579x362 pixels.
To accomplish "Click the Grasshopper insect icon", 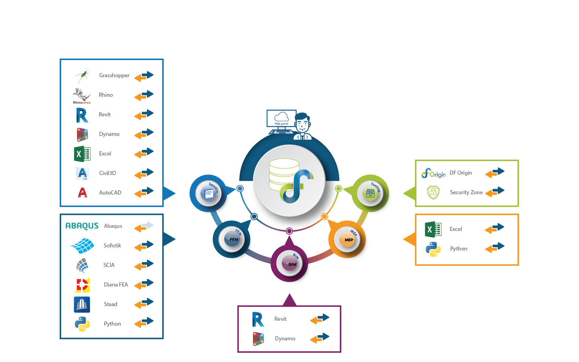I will click(82, 75).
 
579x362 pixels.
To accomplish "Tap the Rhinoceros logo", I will click(82, 95).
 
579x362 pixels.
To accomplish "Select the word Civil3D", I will click(107, 173).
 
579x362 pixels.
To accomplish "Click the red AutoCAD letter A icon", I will click(82, 192).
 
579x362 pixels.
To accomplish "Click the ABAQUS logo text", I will click(82, 226).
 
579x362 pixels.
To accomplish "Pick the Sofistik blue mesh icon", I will click(82, 246).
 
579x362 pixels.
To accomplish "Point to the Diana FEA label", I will click(116, 284).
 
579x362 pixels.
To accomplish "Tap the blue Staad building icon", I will click(82, 304).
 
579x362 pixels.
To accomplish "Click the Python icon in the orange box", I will click(433, 249).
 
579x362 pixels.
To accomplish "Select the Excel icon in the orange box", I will click(433, 229).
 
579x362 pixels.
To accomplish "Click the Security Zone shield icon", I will click(433, 192).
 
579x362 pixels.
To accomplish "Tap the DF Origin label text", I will click(461, 173).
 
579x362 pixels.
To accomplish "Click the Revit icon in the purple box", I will click(258, 319).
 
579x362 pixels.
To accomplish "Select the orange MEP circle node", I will click(348, 239).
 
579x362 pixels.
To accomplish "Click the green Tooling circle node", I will click(370, 193).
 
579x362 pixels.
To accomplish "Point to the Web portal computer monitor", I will click(281, 119).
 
